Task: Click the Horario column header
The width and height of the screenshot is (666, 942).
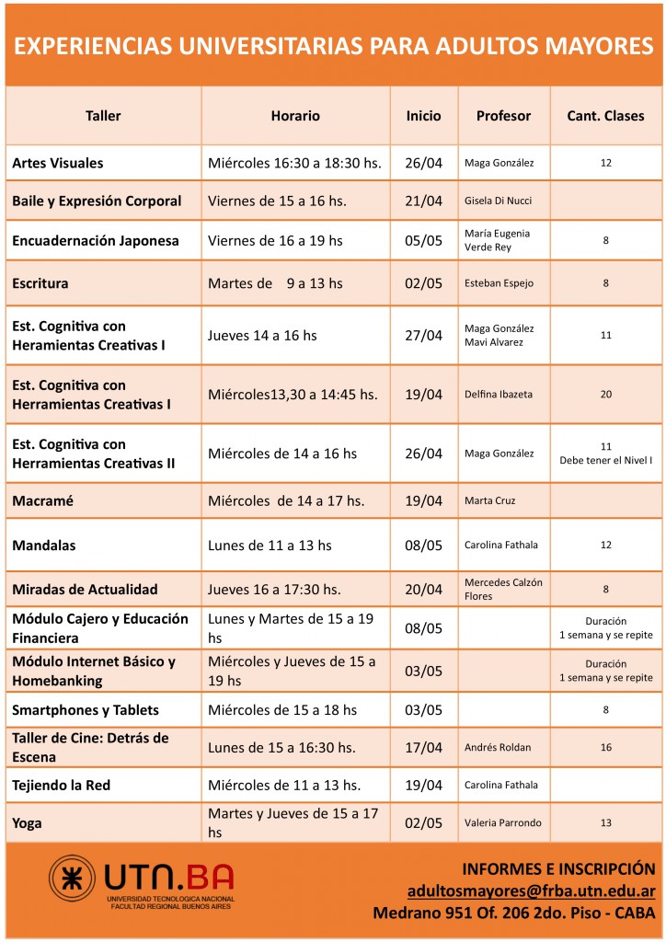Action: click(295, 116)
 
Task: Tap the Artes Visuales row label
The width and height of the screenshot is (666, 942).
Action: click(58, 163)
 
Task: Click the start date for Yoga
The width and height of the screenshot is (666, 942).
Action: click(423, 822)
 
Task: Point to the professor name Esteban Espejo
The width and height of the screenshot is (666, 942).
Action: click(499, 283)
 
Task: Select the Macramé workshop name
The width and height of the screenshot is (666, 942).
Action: click(42, 500)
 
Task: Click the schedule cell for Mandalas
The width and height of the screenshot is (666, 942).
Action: click(270, 546)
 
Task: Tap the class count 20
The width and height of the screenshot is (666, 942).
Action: click(605, 395)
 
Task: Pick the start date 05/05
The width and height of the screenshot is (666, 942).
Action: click(423, 241)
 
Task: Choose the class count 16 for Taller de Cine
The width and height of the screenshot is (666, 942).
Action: click(605, 748)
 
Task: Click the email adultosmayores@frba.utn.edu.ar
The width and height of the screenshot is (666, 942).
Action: click(531, 890)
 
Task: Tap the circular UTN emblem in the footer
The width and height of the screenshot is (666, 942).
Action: click(73, 880)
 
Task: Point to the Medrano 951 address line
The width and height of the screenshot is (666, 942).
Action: click(513, 913)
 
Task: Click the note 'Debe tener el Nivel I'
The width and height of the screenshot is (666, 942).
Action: click(605, 461)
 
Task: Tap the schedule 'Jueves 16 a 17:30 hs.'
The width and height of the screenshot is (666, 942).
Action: click(274, 589)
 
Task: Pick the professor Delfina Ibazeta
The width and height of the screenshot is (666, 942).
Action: click(499, 395)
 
